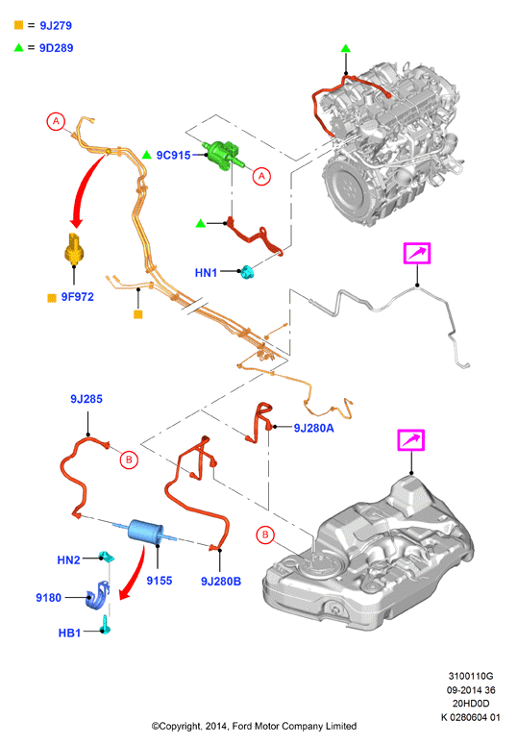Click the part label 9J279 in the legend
point(56,26)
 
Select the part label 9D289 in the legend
point(56,48)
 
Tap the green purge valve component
point(223,154)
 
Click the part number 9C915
point(173,156)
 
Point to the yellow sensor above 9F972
point(74,248)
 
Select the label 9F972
point(78,297)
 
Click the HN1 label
point(206,273)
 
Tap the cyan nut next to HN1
point(246,272)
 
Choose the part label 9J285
point(86,399)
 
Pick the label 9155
point(160,581)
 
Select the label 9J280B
point(221,581)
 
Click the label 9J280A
point(314,428)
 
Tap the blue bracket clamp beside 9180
point(97,595)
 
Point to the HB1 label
point(69,633)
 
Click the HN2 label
point(68,560)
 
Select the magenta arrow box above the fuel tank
point(410,440)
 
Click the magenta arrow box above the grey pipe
point(417,253)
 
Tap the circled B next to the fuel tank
point(265,534)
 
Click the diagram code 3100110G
point(471,676)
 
